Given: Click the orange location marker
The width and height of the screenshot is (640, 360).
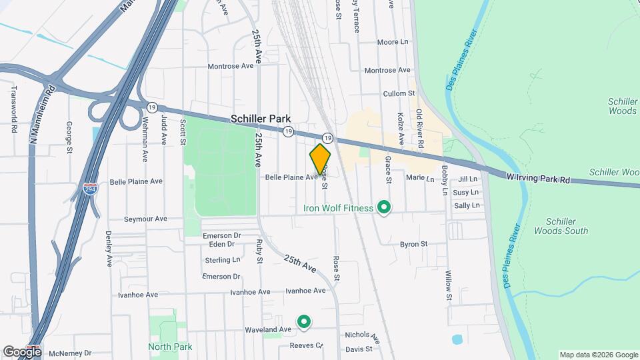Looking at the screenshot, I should (x=320, y=159).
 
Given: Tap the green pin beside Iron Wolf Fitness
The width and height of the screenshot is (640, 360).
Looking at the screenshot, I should (x=383, y=208).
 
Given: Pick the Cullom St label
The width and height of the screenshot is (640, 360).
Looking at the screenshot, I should (x=399, y=94).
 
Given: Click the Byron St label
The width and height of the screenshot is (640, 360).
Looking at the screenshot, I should (x=413, y=244).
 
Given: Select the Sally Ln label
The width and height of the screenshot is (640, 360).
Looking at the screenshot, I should (x=467, y=205).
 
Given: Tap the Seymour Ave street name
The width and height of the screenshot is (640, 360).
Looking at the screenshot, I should (x=145, y=219).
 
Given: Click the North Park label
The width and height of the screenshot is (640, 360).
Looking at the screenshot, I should (x=170, y=347).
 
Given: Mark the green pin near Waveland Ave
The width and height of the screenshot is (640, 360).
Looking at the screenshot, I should (x=304, y=323).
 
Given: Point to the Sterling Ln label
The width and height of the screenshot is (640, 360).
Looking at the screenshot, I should (x=222, y=259).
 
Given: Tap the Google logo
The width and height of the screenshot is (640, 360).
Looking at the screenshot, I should (x=21, y=351).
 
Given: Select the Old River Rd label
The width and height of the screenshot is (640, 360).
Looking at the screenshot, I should (x=419, y=128).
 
